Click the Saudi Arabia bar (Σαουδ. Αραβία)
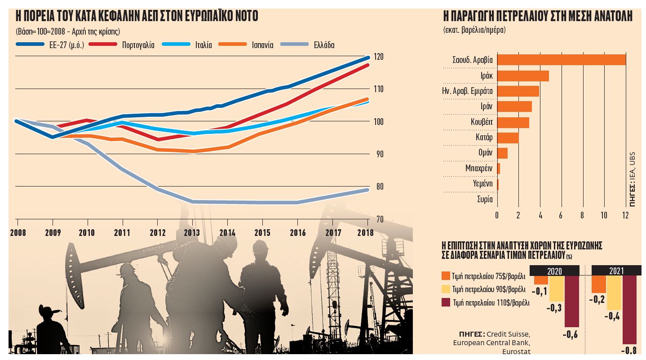561,60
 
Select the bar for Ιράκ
523,76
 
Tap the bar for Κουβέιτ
513,122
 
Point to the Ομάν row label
485,153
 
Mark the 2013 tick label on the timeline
192,233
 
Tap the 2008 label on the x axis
17,233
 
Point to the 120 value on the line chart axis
378,57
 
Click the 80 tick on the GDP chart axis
378,187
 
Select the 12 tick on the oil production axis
625,215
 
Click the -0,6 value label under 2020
571,335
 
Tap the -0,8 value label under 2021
628,351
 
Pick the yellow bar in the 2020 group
556,289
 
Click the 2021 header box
616,271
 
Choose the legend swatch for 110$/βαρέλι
446,302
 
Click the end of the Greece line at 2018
367,190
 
